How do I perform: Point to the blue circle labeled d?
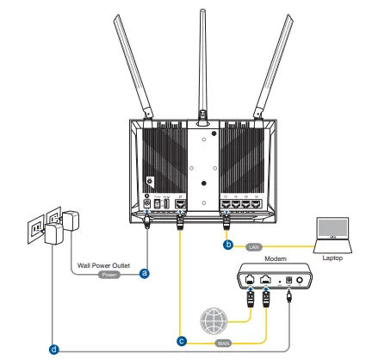click(54, 350)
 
